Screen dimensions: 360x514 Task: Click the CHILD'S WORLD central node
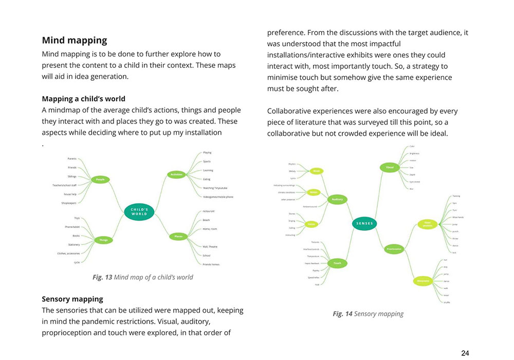pyautogui.click(x=139, y=212)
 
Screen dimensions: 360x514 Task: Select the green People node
pyautogui.click(x=100, y=179)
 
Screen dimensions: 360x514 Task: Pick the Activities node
pyautogui.click(x=177, y=175)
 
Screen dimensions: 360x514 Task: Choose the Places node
pyautogui.click(x=178, y=237)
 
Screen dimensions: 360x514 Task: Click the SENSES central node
pyautogui.click(x=364, y=223)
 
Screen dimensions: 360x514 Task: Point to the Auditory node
pyautogui.click(x=337, y=199)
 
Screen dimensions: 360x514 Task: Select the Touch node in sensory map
pyautogui.click(x=337, y=263)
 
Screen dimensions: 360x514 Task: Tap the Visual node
pyautogui.click(x=389, y=167)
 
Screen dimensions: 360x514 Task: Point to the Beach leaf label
pyautogui.click(x=207, y=220)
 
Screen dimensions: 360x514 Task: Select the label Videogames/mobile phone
pyautogui.click(x=218, y=197)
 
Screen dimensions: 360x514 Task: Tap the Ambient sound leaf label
pyautogui.click(x=310, y=207)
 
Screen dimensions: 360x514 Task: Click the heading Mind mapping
pyautogui.click(x=75, y=40)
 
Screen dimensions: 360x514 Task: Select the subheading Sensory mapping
pyautogui.click(x=72, y=299)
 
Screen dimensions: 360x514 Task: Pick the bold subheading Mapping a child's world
pyautogui.click(x=83, y=99)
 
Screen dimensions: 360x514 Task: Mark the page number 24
pyautogui.click(x=465, y=353)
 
